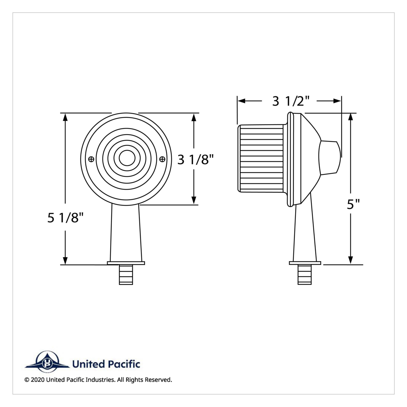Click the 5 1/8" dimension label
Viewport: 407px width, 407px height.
pyautogui.click(x=65, y=218)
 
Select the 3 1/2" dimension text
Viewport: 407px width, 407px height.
pyautogui.click(x=291, y=101)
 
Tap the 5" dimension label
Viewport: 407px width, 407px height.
pyautogui.click(x=353, y=204)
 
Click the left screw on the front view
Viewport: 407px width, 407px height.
pyautogui.click(x=91, y=159)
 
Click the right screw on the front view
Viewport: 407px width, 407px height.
pyautogui.click(x=162, y=159)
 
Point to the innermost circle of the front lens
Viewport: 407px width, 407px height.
pyautogui.click(x=127, y=158)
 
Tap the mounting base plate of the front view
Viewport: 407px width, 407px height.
pyautogui.click(x=126, y=263)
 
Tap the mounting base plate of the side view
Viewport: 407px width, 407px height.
pyautogui.click(x=305, y=263)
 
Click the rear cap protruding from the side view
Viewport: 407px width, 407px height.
pyautogui.click(x=330, y=158)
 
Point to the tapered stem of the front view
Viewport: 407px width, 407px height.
pyautogui.click(x=125, y=234)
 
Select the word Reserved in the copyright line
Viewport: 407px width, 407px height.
pyautogui.click(x=158, y=380)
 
